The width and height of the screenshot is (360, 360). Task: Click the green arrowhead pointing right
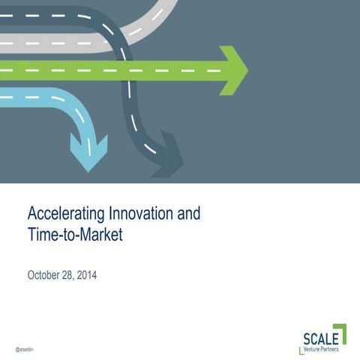pos(234,70)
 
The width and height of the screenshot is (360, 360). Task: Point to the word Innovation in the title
pos(133,214)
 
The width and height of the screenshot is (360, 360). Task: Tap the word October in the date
pos(46,275)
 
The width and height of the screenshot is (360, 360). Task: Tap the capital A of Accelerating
pos(32,214)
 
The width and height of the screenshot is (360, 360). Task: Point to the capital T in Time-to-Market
pos(31,235)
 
